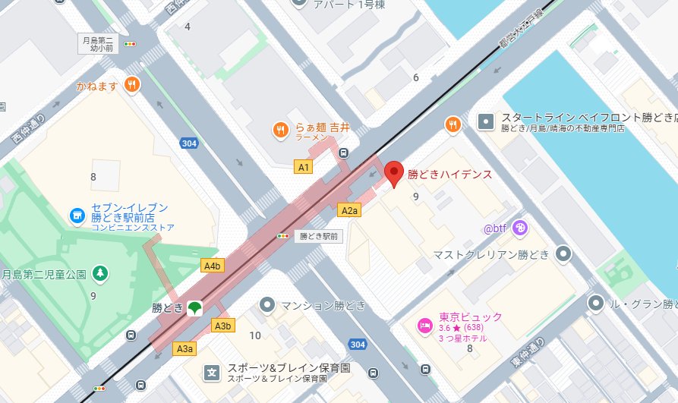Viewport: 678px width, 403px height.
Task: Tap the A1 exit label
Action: [x=304, y=166]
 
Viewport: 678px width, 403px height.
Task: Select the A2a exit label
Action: [x=349, y=210]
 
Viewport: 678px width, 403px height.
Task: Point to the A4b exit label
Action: [x=212, y=266]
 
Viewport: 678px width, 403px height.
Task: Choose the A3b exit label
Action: [x=222, y=326]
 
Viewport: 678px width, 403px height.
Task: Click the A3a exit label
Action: [x=185, y=348]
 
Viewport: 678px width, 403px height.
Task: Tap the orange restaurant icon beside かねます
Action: [x=132, y=85]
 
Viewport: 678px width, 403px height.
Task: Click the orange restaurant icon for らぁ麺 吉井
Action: [x=280, y=130]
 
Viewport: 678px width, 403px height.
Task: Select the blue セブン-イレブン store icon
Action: [x=77, y=216]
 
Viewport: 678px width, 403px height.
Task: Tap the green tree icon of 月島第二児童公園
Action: [x=99, y=272]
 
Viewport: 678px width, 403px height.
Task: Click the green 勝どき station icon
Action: [x=195, y=308]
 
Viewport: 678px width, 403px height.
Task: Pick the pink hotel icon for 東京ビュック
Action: [x=424, y=326]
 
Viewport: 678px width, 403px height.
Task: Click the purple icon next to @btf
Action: [x=520, y=226]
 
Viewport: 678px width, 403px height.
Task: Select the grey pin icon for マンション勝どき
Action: [x=266, y=305]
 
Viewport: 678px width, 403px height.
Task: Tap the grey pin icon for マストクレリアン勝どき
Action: [x=563, y=253]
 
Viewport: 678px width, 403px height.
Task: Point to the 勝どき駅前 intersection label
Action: [x=318, y=236]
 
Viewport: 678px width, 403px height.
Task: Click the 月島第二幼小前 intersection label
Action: [x=99, y=44]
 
